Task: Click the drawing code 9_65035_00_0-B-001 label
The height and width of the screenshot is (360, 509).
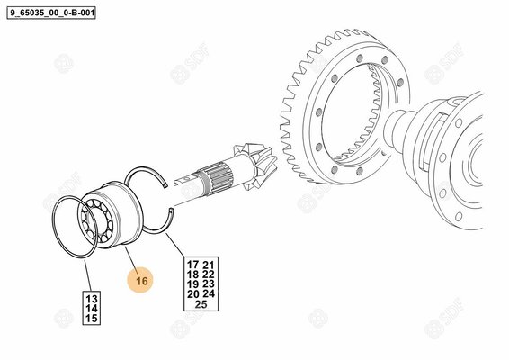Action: [x=51, y=13]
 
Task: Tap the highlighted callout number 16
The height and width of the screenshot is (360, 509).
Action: [x=141, y=281]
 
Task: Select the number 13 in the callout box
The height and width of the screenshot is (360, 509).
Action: [x=92, y=299]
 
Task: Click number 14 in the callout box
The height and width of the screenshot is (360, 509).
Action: [x=92, y=309]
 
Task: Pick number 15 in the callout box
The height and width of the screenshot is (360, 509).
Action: [x=92, y=318]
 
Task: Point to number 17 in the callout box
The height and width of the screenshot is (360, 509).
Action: [x=192, y=265]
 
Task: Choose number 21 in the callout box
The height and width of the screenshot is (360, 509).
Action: [x=209, y=265]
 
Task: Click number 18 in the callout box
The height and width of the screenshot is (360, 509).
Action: [x=192, y=274]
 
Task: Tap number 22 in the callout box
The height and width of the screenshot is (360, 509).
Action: [x=209, y=274]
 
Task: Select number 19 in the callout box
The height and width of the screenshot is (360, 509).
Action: [x=192, y=284]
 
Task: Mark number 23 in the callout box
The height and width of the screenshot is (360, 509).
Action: [x=209, y=284]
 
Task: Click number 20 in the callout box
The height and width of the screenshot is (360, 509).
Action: [x=192, y=294]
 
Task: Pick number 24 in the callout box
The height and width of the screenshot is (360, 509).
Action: [x=209, y=294]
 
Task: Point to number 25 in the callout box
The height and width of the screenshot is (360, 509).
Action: [x=201, y=304]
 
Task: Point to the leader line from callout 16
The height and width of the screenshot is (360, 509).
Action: [x=132, y=258]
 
